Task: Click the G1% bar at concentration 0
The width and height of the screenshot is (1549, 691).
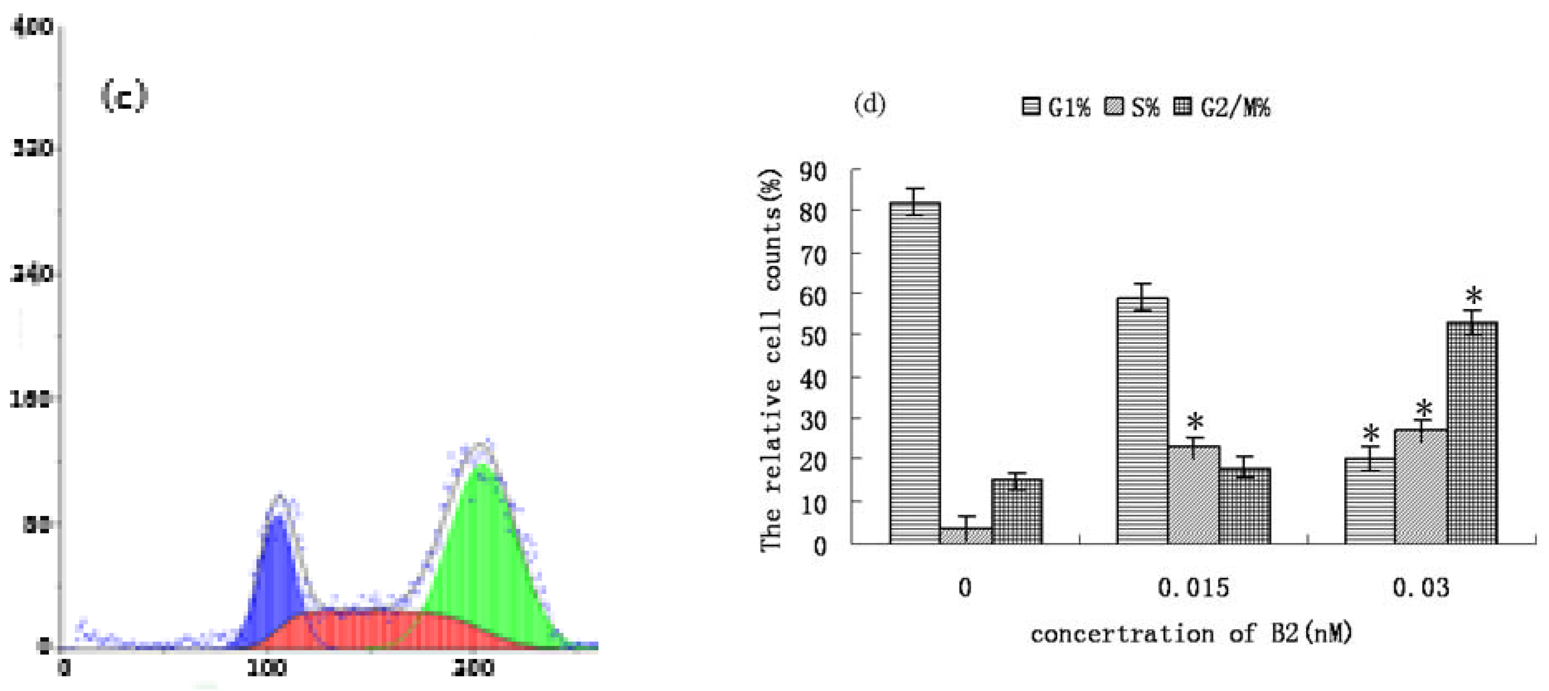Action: (914, 373)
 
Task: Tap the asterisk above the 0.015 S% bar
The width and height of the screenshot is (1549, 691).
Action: (1195, 421)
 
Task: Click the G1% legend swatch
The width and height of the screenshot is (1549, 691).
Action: (1031, 107)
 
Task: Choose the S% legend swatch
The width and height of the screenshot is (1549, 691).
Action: (1114, 107)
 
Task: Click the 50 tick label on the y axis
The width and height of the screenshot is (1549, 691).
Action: (813, 337)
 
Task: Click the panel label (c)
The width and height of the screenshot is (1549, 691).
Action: (124, 96)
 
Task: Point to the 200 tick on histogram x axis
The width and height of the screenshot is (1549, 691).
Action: (473, 667)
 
